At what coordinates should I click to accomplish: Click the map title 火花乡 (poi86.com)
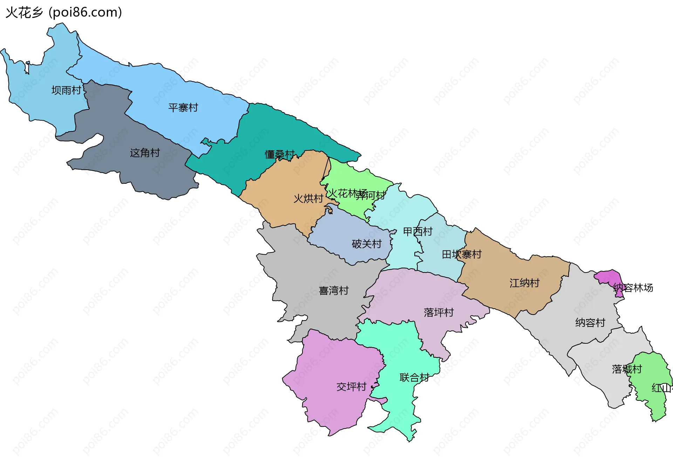coord(64,13)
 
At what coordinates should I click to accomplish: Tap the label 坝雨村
coord(66,90)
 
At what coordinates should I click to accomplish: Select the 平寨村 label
coord(183,108)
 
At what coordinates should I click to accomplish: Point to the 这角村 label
coord(145,153)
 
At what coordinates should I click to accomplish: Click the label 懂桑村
coord(279,154)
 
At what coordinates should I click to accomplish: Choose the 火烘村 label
coord(308,199)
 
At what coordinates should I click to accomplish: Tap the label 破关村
coord(367,244)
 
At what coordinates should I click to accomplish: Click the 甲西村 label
coord(417,231)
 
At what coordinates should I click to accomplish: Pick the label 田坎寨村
coord(462,255)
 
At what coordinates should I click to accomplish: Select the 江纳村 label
coord(524,283)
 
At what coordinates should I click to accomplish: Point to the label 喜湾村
coord(334,291)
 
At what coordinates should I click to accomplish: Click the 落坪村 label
coord(439,312)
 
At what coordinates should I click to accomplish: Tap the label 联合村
coord(414,378)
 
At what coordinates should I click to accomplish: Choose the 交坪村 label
coord(351,387)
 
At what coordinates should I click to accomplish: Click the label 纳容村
coord(590,323)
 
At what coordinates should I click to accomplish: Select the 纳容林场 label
coord(633,288)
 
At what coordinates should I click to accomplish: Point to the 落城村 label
coord(627,369)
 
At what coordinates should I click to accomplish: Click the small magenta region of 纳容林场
coord(610,277)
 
